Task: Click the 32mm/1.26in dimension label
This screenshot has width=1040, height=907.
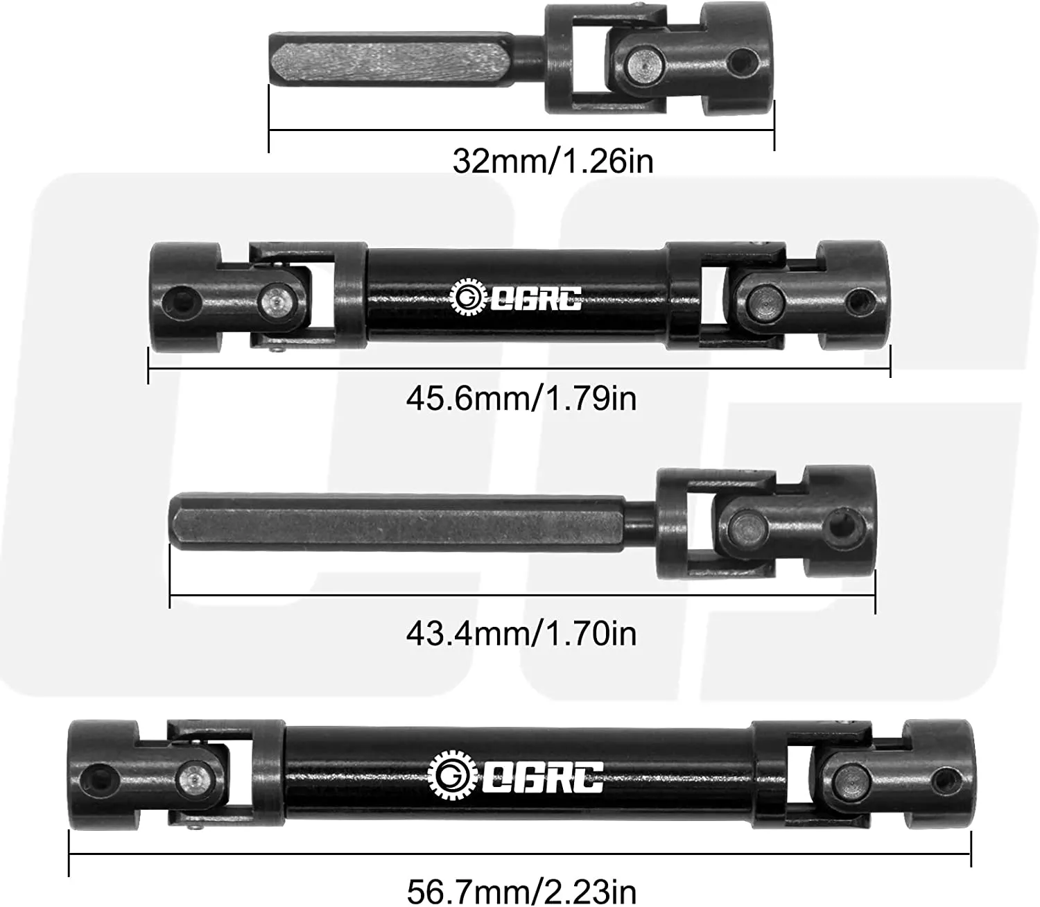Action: [x=553, y=161]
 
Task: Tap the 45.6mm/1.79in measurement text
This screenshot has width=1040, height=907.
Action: [x=521, y=399]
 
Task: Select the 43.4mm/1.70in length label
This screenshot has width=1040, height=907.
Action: [x=521, y=634]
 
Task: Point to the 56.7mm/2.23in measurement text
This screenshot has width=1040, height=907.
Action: [x=521, y=890]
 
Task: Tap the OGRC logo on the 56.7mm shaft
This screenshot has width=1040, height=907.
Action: [x=516, y=775]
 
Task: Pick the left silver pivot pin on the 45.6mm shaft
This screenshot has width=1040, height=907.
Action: [x=276, y=300]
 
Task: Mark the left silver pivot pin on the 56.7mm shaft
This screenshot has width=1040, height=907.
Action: [x=192, y=777]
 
